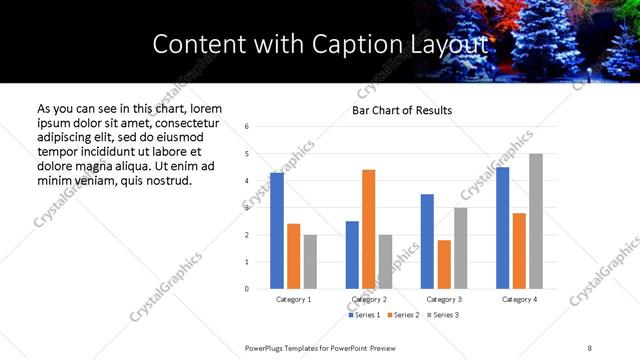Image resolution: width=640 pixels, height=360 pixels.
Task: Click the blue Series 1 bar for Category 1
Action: point(277,231)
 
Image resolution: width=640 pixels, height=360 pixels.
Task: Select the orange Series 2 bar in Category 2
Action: point(368,229)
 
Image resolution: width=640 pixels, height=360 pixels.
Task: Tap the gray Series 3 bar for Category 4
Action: point(536,221)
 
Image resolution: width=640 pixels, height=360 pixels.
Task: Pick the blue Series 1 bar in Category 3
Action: point(427,241)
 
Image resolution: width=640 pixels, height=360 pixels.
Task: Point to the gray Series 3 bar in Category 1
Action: point(310,262)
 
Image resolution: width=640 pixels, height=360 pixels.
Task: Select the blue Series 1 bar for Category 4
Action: point(503,228)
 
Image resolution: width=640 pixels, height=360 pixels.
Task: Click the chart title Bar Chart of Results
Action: point(402,110)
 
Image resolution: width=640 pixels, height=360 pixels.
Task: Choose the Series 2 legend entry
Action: point(404,315)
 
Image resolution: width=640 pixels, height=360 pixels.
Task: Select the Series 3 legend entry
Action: point(442,315)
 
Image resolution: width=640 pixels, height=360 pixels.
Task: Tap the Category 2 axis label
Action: point(368,299)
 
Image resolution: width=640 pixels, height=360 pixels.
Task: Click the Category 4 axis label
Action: point(519,299)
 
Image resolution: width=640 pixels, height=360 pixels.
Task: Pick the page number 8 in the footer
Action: point(589,347)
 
